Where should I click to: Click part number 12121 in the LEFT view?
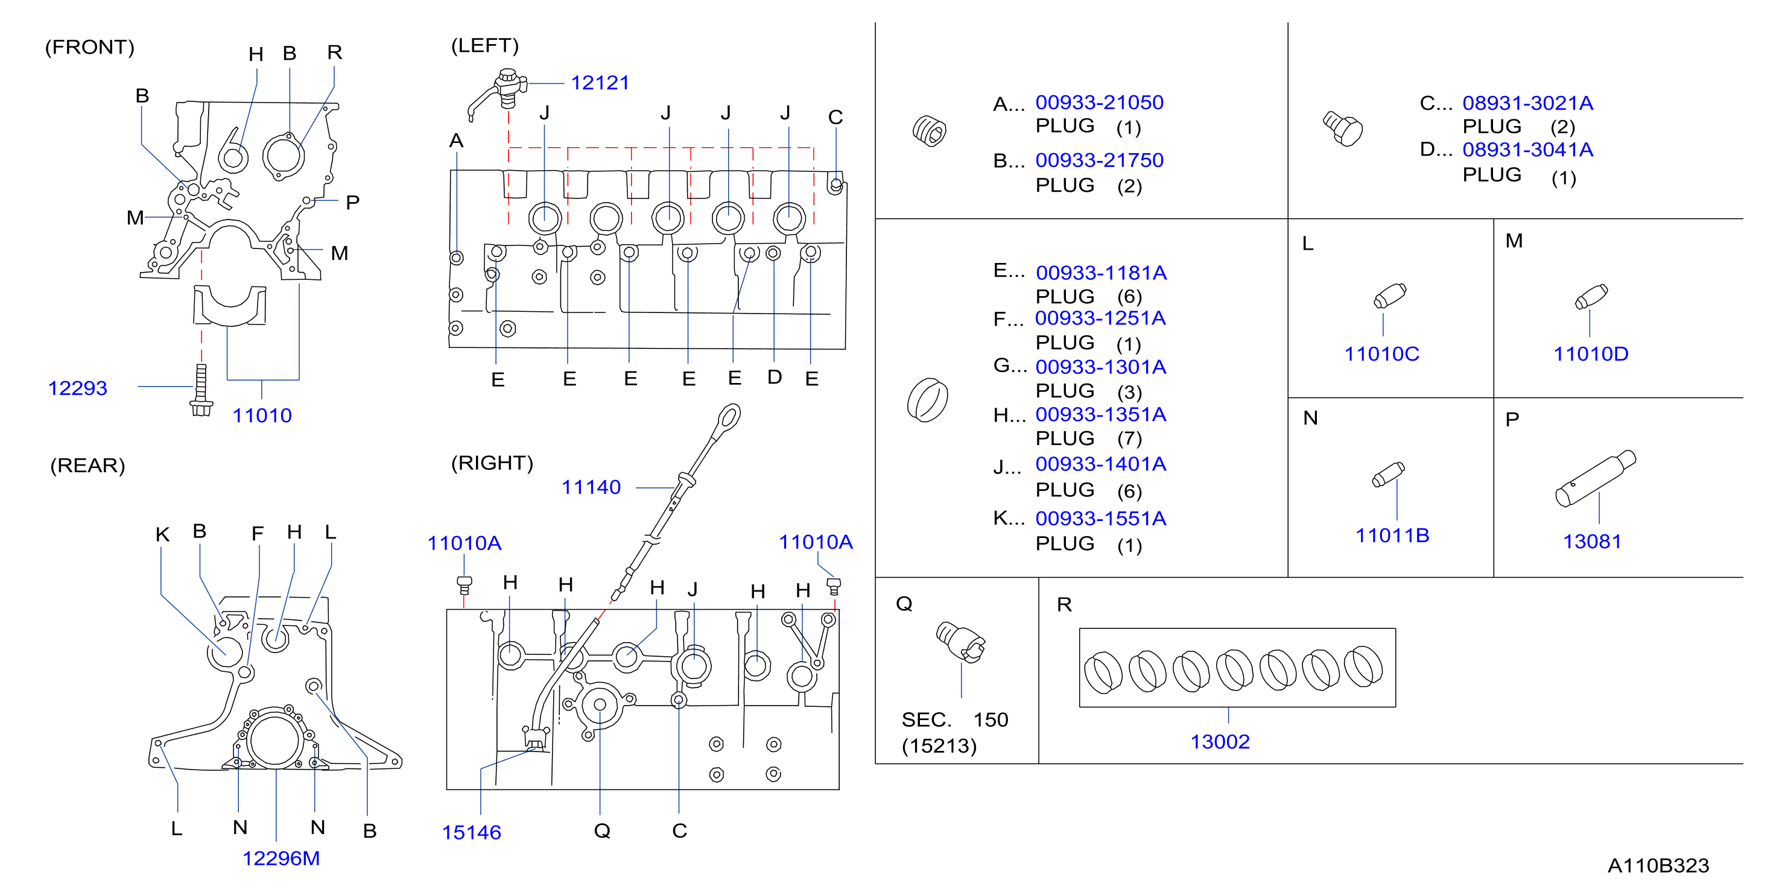(600, 83)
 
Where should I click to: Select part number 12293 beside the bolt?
(78, 388)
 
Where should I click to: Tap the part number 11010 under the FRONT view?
(262, 416)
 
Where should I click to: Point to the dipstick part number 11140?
(591, 487)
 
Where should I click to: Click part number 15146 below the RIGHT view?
(471, 832)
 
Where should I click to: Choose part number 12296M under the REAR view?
(281, 858)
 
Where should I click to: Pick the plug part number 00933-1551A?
(1101, 518)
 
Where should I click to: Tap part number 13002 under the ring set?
(1220, 742)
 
